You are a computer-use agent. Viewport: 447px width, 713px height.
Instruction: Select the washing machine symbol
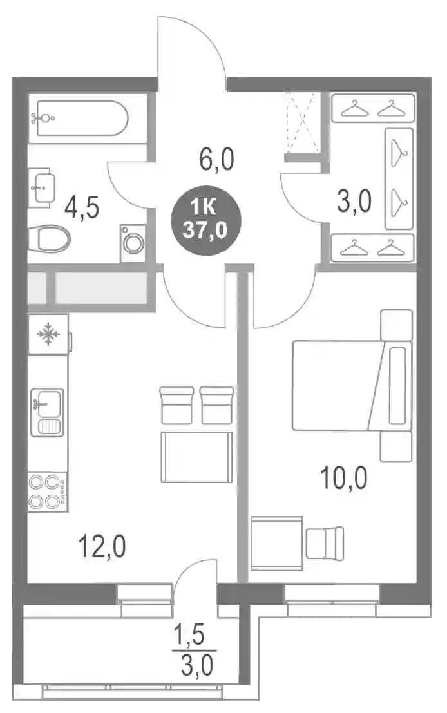point(133,243)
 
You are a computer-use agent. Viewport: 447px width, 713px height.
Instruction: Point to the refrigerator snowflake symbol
point(48,335)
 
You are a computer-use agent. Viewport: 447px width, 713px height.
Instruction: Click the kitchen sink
point(47,412)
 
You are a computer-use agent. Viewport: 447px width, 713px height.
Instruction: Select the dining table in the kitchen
point(197,457)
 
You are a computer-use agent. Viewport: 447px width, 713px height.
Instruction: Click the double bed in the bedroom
point(352,386)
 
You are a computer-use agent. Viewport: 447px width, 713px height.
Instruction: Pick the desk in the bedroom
point(277,543)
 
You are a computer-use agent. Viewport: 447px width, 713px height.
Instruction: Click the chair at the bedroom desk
point(325,543)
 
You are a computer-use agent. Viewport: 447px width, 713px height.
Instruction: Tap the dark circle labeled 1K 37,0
point(205,220)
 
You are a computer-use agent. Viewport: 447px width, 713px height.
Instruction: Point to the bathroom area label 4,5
point(81,208)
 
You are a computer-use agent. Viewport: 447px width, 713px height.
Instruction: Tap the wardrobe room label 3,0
point(354,202)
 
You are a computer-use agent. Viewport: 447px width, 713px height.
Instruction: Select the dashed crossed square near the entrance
point(302,122)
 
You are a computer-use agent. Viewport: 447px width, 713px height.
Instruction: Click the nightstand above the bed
point(396,325)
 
